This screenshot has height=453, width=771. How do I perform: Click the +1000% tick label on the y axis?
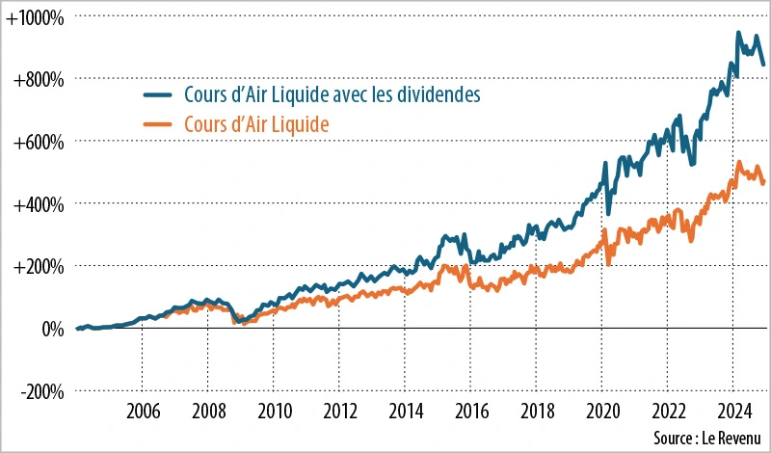[x=35, y=16]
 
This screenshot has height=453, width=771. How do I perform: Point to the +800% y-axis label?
[x=39, y=79]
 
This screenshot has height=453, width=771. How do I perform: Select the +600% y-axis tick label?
[x=39, y=142]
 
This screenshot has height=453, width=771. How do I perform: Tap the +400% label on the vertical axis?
[x=39, y=204]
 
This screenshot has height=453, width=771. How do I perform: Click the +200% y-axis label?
[x=39, y=267]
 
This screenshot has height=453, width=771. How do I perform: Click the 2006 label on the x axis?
[x=143, y=409]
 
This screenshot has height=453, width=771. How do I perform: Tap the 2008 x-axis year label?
[x=208, y=409]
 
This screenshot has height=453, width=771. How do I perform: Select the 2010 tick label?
[x=274, y=409]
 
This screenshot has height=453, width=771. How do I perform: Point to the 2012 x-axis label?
[x=339, y=409]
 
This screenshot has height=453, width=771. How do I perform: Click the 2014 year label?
[x=405, y=409]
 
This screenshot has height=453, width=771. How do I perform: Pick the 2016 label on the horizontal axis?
[x=470, y=409]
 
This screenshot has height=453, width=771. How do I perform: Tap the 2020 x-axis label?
[x=602, y=409]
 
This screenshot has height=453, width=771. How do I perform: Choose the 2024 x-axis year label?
[x=734, y=409]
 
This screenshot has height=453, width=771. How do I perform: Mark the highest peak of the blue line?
[x=738, y=33]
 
